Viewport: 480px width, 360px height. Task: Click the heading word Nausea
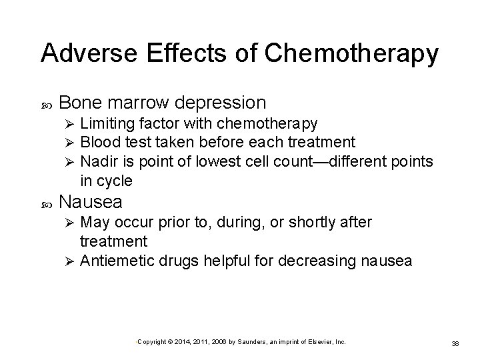pyautogui.click(x=91, y=201)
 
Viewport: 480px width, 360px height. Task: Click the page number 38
pyautogui.click(x=456, y=343)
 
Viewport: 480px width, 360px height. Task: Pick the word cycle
pyautogui.click(x=114, y=180)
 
